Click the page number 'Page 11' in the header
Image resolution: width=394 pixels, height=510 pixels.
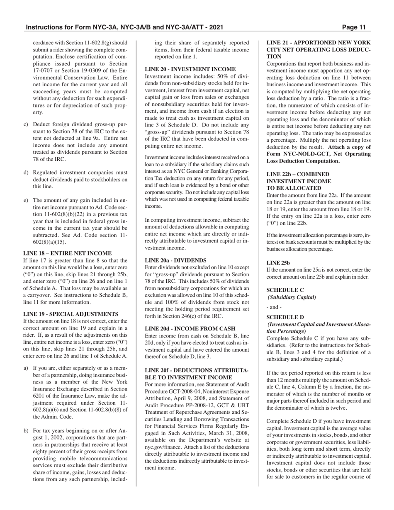354,28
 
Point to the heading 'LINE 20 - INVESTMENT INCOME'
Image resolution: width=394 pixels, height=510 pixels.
190,69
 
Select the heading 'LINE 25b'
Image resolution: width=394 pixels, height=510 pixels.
278,262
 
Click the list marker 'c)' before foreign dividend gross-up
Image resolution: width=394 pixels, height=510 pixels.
26,124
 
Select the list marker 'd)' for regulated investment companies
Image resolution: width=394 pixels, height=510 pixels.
26,172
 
